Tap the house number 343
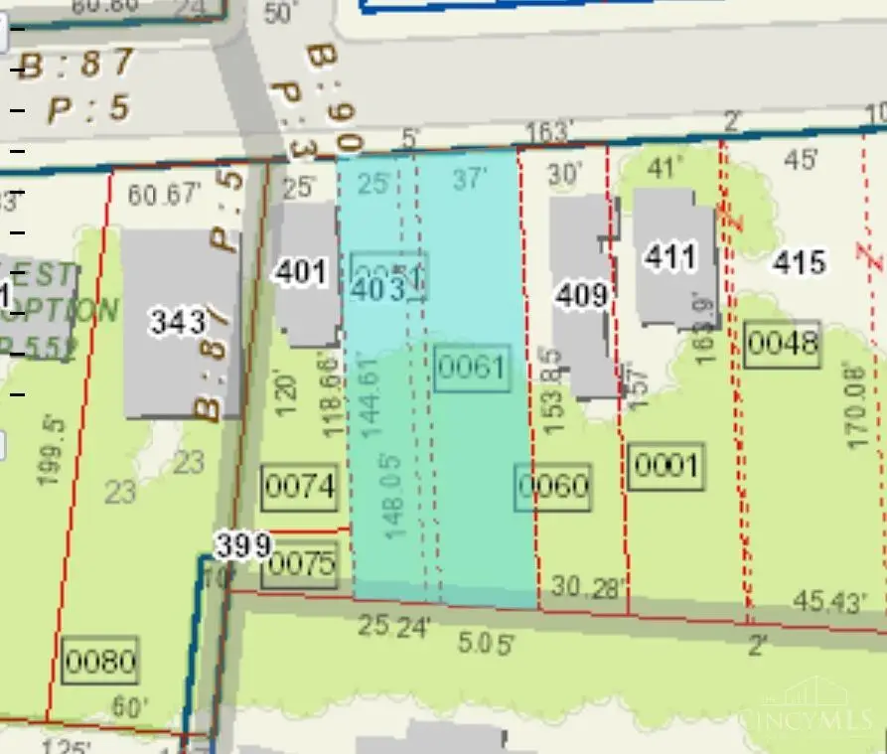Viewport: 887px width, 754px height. tap(179, 321)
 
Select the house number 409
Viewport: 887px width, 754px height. tap(581, 296)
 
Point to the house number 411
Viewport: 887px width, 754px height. tap(670, 256)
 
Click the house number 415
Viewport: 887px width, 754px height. tap(799, 262)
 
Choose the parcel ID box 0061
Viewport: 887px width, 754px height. tap(472, 368)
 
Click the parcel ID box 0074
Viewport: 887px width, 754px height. tap(300, 487)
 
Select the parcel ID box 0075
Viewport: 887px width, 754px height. tap(303, 564)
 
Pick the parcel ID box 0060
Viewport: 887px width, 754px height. tap(554, 487)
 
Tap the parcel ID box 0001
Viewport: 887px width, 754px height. tap(665, 464)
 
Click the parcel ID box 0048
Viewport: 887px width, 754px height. tap(783, 344)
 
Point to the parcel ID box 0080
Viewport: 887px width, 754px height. tap(99, 661)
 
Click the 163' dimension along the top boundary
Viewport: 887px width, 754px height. tap(549, 131)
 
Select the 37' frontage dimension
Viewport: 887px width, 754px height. tap(470, 179)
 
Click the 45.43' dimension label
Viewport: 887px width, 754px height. tap(832, 600)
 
